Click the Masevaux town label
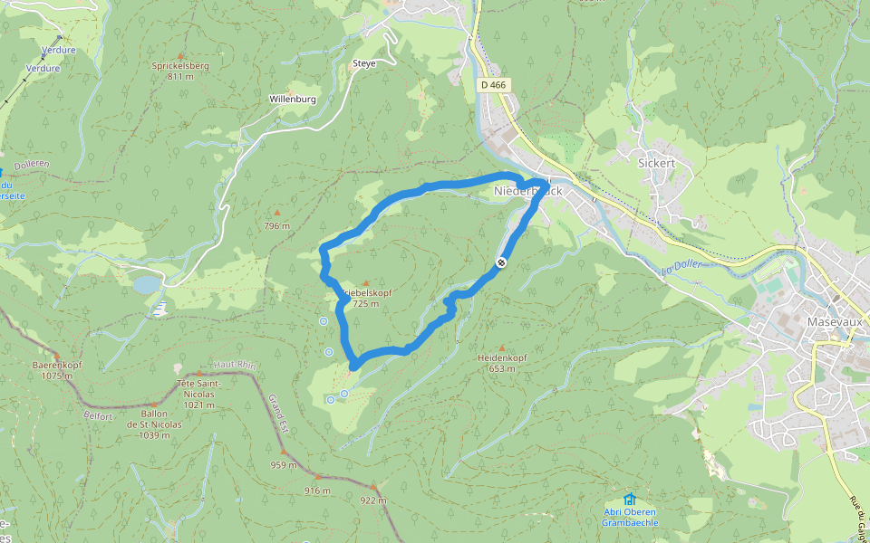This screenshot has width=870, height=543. (x=830, y=321)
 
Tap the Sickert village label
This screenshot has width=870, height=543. (x=657, y=164)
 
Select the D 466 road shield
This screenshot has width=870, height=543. (x=494, y=85)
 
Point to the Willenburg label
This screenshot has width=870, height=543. (x=292, y=99)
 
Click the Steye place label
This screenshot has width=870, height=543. (x=362, y=63)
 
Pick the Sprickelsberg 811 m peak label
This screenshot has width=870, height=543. (x=180, y=71)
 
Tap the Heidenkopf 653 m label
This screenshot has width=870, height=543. (x=502, y=362)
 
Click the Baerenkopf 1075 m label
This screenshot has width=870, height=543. (x=57, y=369)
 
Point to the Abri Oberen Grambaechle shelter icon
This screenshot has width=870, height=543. (x=629, y=499)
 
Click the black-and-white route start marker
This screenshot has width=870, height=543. (x=500, y=262)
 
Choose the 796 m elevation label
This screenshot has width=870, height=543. (x=276, y=225)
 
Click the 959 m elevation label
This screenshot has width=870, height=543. (x=284, y=465)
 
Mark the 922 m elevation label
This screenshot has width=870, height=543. (x=372, y=500)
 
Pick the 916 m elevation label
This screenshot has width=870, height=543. (x=318, y=490)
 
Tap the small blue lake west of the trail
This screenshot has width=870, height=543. (x=145, y=285)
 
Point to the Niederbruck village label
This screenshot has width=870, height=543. (x=529, y=191)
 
